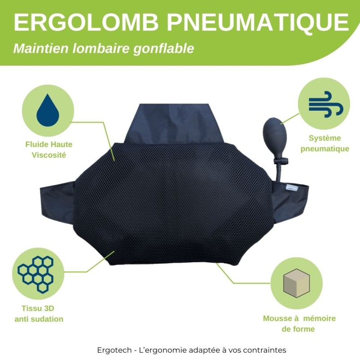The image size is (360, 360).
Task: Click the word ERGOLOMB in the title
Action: click(86, 22)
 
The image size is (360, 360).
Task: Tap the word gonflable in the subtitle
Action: click(164, 49)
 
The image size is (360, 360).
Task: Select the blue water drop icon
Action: click(48, 110)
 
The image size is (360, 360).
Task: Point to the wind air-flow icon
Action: click(326, 104)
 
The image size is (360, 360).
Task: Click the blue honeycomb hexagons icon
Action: click(36, 274)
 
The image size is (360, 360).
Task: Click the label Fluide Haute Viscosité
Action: click(49, 150)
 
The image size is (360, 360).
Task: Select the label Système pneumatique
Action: click(324, 143)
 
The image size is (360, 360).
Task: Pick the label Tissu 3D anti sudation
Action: click(39, 313)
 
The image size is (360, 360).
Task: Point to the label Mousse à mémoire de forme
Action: click(299, 324)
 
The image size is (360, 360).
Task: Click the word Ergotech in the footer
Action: click(114, 350)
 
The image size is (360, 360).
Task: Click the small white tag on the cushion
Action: click(290, 187)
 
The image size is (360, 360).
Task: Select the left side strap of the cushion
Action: click(58, 204)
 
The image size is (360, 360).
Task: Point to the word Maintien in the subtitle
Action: click(41, 48)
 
